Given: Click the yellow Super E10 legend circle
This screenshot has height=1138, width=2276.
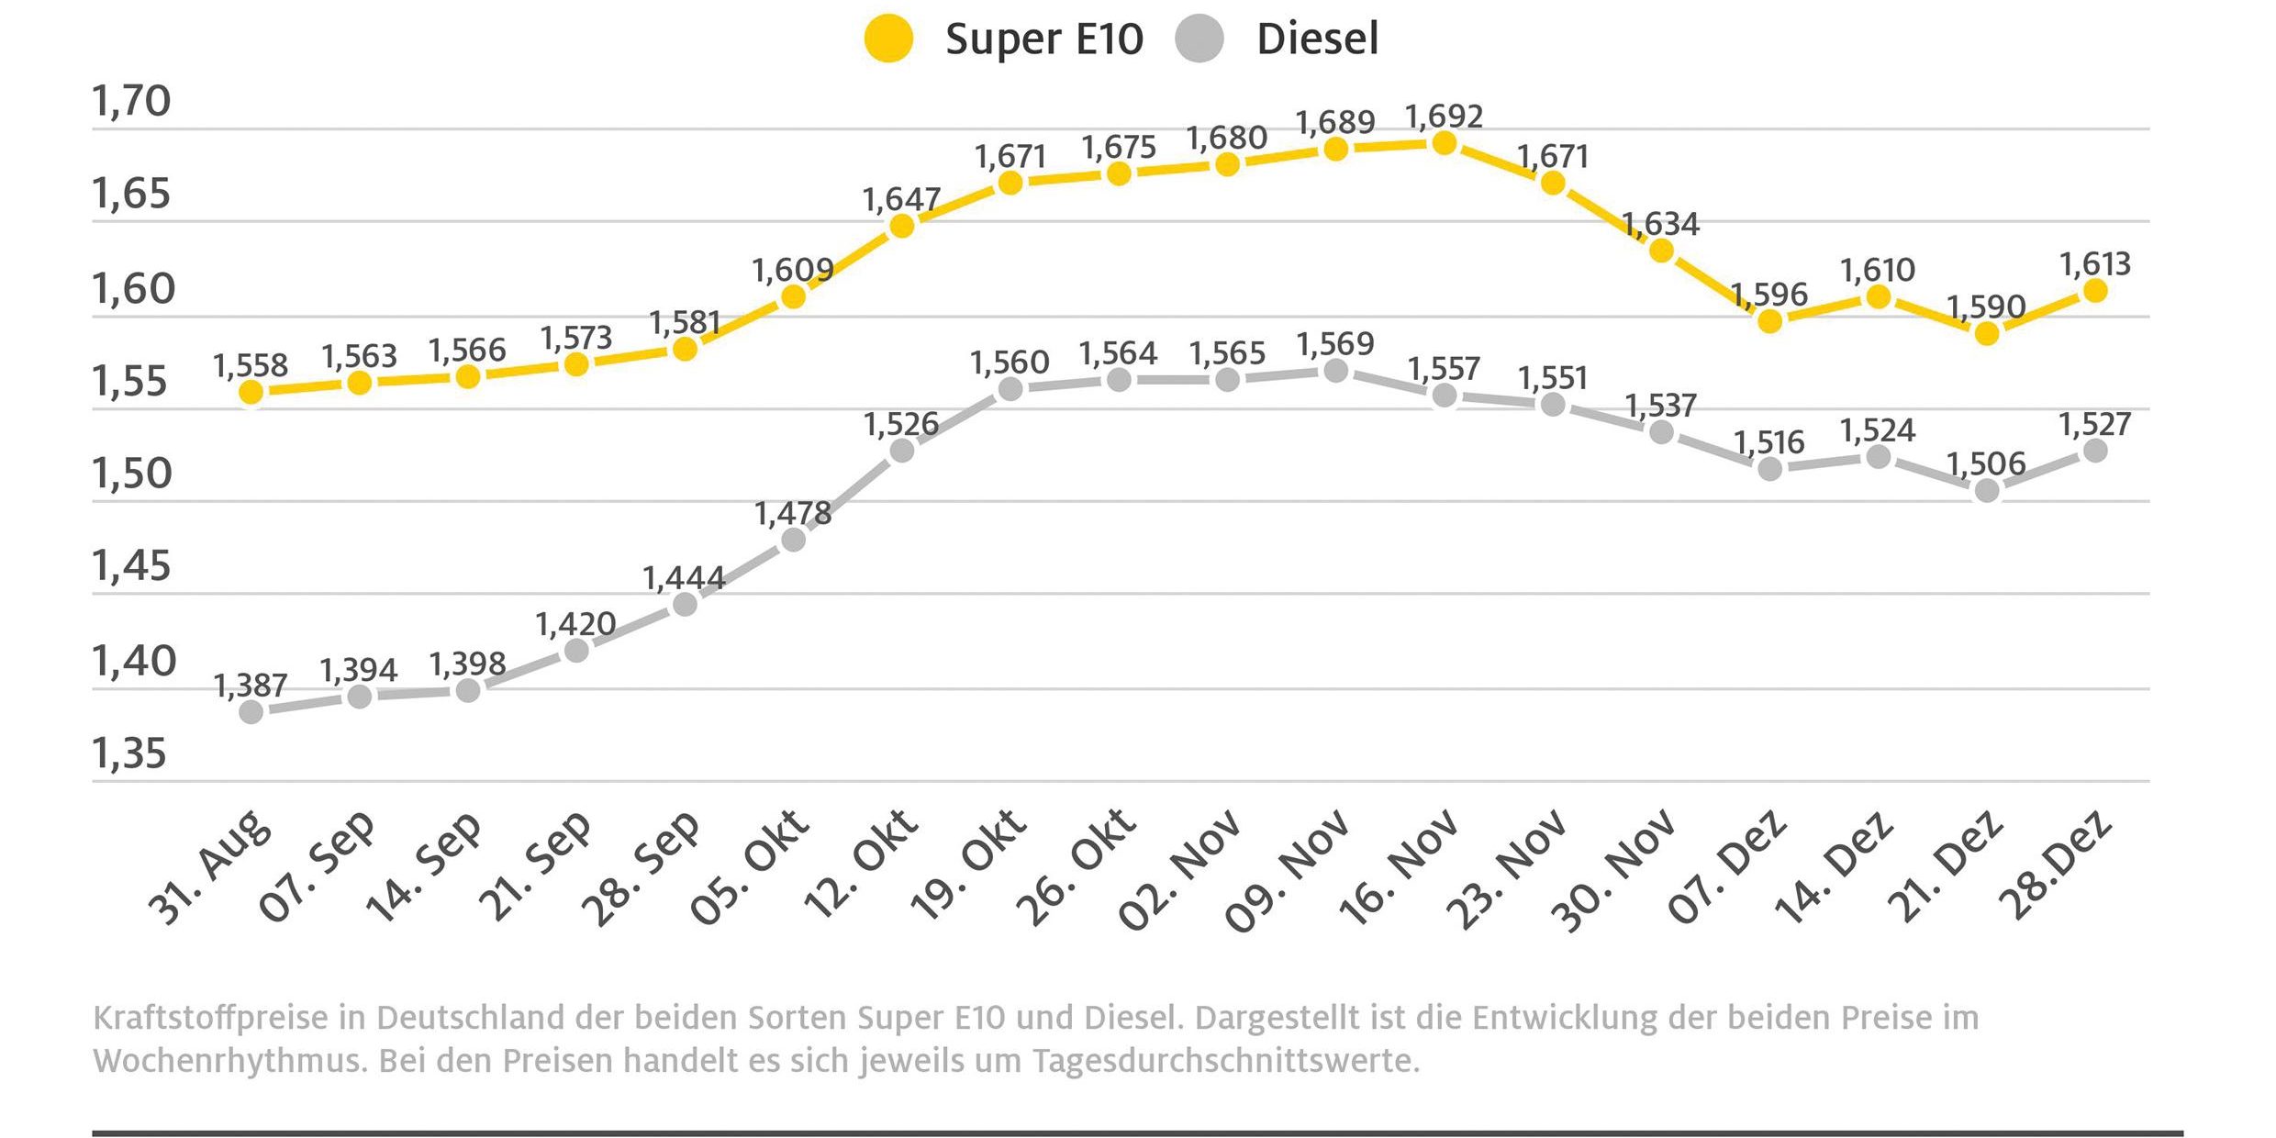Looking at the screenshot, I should [888, 39].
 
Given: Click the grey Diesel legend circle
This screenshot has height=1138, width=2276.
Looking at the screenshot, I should [1199, 39].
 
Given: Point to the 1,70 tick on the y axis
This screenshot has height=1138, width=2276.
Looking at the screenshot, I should [131, 101].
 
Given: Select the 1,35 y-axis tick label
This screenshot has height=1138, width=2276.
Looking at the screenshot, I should [129, 753].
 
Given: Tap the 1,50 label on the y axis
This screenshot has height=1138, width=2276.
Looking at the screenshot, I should [132, 474].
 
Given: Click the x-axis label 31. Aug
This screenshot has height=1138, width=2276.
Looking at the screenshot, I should [210, 867].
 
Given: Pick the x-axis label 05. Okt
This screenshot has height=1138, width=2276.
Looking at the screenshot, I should [749, 867].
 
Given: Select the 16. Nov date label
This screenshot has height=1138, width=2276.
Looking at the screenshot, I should [1398, 867].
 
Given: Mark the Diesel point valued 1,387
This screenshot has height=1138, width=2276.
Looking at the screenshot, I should [251, 711].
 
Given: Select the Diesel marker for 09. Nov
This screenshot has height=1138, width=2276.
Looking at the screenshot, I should [1336, 371].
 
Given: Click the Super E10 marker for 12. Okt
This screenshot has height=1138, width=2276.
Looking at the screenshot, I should [902, 226].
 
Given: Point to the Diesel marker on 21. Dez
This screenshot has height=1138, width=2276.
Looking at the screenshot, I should [1987, 491].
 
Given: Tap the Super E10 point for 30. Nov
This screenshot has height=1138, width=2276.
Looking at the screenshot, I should [1661, 250].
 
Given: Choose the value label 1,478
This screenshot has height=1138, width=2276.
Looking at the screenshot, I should [793, 514].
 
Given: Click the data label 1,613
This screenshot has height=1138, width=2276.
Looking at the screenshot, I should [2095, 265].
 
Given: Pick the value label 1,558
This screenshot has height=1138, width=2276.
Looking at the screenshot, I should [251, 366].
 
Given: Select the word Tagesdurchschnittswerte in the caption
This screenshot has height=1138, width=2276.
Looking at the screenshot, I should [1226, 1062].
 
